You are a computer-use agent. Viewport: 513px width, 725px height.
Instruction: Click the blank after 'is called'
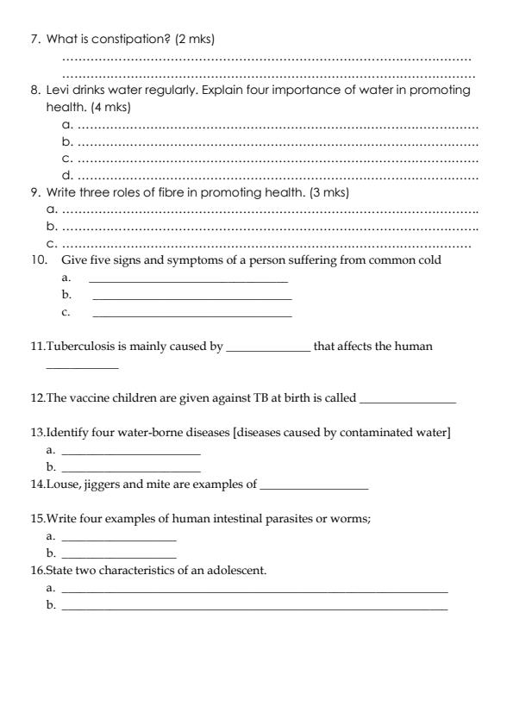pos(407,400)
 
